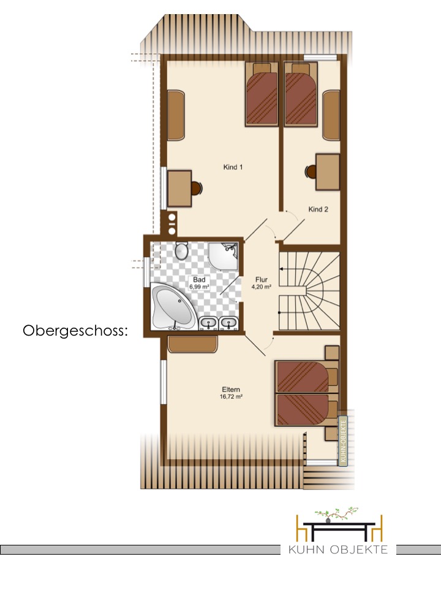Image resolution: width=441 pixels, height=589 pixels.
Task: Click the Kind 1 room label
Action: (233, 167)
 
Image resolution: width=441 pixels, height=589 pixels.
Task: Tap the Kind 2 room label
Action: (318, 209)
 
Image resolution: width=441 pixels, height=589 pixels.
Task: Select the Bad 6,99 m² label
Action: (199, 283)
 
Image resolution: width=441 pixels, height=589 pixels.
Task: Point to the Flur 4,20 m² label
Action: (262, 283)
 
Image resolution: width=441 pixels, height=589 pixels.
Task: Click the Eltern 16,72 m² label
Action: (231, 393)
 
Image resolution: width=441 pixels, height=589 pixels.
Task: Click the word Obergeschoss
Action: (75, 331)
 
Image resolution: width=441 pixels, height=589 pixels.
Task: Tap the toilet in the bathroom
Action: (182, 250)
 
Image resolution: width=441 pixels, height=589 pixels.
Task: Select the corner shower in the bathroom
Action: (224, 256)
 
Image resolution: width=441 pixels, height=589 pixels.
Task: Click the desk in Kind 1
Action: (179, 188)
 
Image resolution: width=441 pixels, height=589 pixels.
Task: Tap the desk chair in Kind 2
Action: (311, 172)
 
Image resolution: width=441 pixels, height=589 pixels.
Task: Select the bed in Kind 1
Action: (262, 94)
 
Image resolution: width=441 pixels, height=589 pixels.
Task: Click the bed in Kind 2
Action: (301, 94)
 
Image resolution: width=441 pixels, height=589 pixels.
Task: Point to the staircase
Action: (309, 291)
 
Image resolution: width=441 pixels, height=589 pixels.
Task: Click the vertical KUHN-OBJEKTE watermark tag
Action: (343, 441)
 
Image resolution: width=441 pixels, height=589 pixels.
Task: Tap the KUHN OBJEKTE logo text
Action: (338, 550)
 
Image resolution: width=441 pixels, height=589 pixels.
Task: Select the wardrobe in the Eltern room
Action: (193, 344)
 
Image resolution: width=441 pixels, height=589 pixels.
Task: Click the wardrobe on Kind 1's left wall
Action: (176, 116)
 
